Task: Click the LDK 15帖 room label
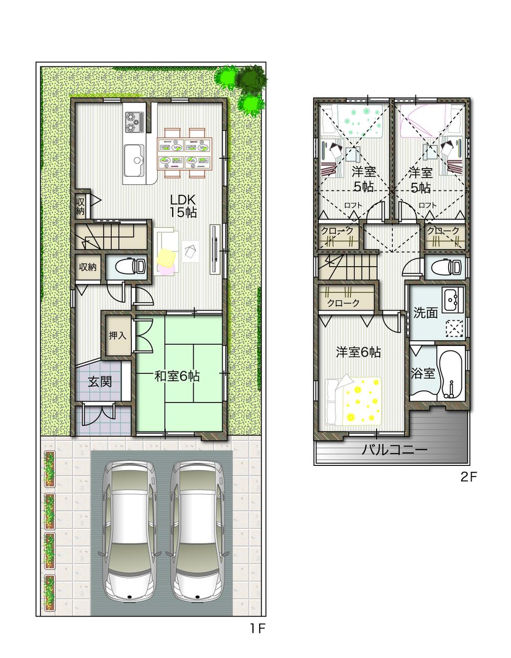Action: [183, 206]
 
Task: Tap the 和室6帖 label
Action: [177, 377]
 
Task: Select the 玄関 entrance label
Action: [100, 381]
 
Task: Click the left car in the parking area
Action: [129, 531]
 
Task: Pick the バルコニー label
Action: [394, 450]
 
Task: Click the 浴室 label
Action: [423, 373]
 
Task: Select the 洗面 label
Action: [425, 313]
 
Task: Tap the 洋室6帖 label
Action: [358, 352]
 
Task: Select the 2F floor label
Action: [469, 477]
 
